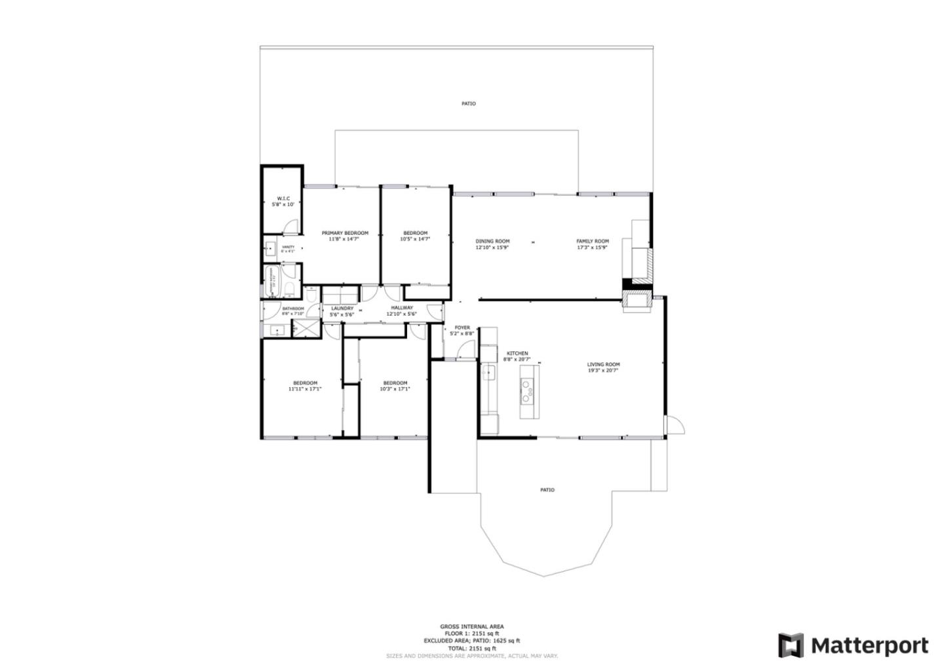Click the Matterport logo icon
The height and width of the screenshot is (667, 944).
(x=791, y=645)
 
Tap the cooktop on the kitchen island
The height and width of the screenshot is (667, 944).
(x=526, y=391)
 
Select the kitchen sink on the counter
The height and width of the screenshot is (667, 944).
(x=488, y=373)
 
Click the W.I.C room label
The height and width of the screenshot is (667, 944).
(x=283, y=199)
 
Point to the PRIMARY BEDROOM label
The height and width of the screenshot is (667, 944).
(x=345, y=233)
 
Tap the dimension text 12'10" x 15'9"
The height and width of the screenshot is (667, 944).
(x=492, y=248)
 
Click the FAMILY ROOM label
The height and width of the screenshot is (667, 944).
(x=593, y=241)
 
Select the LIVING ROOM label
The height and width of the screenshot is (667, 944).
(x=603, y=364)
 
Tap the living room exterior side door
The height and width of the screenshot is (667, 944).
(x=675, y=425)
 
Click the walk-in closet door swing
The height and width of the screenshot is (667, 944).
(x=292, y=227)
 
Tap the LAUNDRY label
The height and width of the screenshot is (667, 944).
(x=342, y=308)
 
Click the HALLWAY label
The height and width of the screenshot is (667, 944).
(x=402, y=307)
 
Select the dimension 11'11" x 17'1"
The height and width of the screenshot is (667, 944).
(x=305, y=389)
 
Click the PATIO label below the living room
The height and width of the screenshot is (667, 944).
(x=547, y=490)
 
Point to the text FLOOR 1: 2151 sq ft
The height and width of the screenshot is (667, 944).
(x=472, y=634)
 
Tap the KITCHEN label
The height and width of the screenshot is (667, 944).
(x=517, y=353)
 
